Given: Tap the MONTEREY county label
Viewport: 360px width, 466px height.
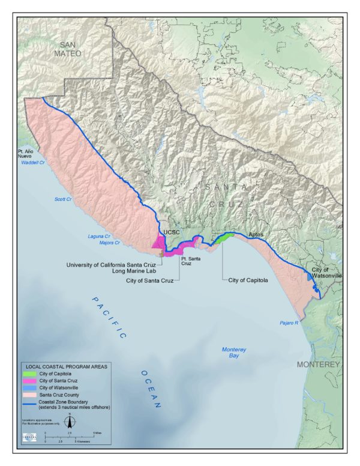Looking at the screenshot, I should [x=318, y=365].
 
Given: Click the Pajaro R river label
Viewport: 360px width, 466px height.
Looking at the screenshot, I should [x=289, y=323].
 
